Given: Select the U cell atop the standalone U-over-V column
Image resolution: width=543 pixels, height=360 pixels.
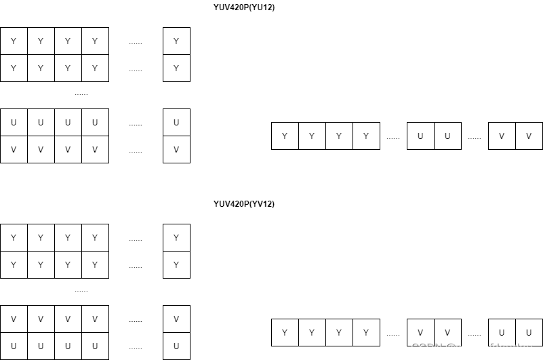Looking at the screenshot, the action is [x=176, y=123].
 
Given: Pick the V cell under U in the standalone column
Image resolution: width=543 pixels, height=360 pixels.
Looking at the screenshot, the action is [x=176, y=150].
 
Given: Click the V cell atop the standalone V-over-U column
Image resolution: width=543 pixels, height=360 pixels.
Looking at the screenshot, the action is [x=176, y=319].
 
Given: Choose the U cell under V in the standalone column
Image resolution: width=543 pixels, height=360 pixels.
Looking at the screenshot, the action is [x=176, y=346].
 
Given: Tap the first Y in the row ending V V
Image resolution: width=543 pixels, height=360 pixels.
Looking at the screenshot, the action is [x=285, y=136].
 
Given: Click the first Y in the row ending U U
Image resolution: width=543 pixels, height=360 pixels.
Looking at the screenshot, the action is [x=285, y=333].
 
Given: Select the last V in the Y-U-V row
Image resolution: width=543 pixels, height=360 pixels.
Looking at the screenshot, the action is [x=529, y=136].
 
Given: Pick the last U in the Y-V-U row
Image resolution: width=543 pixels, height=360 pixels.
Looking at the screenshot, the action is [x=529, y=333].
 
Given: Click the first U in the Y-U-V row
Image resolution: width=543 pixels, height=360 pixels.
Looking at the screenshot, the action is [x=420, y=136].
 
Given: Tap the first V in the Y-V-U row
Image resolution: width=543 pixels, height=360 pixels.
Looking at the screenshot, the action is [x=420, y=333].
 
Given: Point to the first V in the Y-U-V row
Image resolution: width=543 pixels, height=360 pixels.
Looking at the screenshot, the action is [x=502, y=136].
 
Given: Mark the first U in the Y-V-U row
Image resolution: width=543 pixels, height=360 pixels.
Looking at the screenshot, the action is [x=502, y=333].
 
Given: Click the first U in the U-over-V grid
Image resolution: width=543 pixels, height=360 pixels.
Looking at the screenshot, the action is [x=14, y=123].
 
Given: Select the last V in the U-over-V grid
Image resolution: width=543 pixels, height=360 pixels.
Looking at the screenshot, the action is [x=95, y=150].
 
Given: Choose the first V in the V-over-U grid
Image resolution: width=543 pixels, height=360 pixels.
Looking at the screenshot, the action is [x=14, y=319].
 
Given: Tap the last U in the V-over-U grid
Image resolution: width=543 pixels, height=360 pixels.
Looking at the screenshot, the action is [x=95, y=346].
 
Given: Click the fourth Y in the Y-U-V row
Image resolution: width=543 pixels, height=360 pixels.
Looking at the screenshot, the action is [x=366, y=136].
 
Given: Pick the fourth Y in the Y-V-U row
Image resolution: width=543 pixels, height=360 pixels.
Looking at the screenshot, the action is [x=366, y=333].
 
